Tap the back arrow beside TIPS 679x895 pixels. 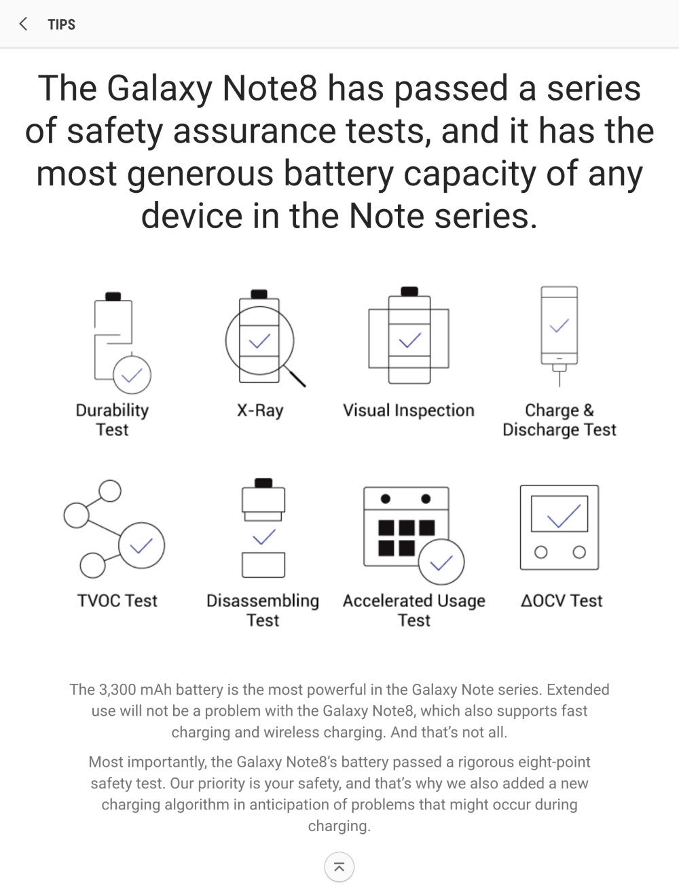click(x=23, y=24)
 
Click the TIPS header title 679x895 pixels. click(x=62, y=24)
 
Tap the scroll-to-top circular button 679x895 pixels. click(x=339, y=867)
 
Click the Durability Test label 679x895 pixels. click(x=112, y=420)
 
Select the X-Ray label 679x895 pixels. click(x=260, y=411)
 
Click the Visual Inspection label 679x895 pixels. click(x=408, y=410)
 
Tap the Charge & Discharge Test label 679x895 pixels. click(x=559, y=420)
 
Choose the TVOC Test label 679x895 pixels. click(x=117, y=600)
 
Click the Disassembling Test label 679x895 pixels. click(x=263, y=610)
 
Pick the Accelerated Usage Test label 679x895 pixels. click(x=414, y=610)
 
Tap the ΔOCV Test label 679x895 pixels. click(x=562, y=600)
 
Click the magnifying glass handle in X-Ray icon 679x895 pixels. click(x=295, y=376)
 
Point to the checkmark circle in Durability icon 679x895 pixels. click(x=132, y=375)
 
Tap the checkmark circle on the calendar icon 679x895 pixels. click(x=441, y=562)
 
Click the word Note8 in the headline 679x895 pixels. click(x=270, y=88)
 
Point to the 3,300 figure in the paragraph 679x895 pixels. click(x=117, y=689)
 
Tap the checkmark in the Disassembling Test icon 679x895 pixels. click(x=263, y=537)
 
